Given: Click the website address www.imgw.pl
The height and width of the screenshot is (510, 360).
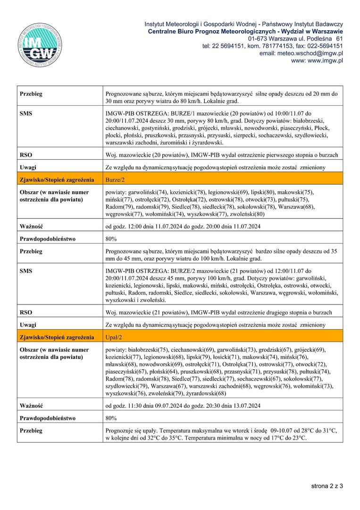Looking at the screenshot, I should [x=317, y=60].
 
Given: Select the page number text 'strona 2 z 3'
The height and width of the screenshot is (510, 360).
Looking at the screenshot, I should [x=327, y=485].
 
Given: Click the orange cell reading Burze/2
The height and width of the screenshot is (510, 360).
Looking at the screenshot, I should [x=116, y=180].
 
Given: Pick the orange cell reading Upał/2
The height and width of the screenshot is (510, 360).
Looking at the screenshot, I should [x=114, y=337].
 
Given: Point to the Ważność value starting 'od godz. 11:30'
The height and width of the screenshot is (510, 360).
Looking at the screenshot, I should [x=183, y=406].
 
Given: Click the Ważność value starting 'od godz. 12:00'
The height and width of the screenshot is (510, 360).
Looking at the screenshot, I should [x=183, y=227].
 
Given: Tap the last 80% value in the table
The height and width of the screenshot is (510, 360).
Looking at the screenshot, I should [x=111, y=418].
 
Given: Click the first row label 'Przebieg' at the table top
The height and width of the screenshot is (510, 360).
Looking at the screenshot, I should [x=31, y=94].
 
